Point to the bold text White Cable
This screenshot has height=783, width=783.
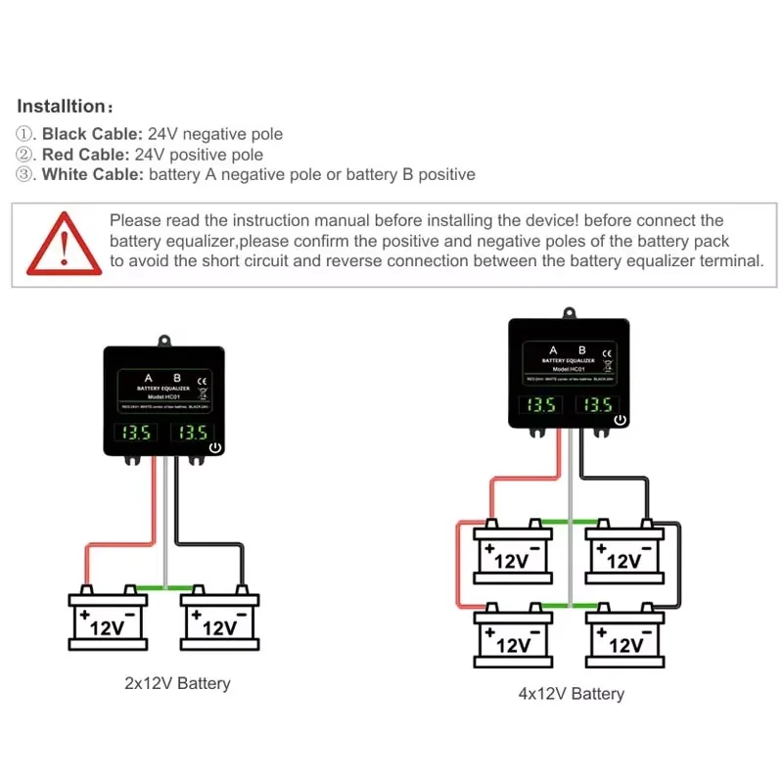point(92,175)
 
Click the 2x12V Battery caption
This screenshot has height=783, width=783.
point(177,683)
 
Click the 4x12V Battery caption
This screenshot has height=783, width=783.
point(571,694)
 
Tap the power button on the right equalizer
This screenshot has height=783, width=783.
point(620,421)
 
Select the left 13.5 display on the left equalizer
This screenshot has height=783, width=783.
point(135,432)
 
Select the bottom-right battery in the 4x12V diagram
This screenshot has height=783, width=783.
point(624,637)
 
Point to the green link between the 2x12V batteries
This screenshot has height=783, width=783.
point(163,588)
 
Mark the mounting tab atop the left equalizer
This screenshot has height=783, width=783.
point(163,341)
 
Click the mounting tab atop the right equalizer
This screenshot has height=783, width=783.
point(568,314)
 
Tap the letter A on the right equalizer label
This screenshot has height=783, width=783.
point(553,350)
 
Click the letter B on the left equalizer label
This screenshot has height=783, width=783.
point(177,377)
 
